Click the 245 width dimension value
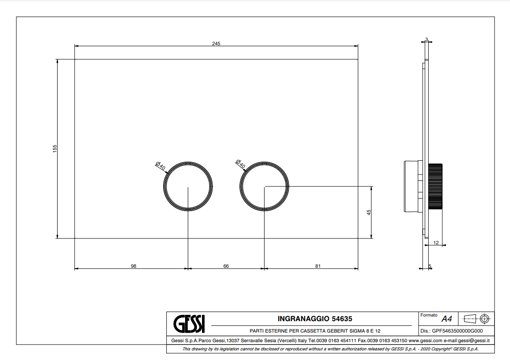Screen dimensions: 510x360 216,43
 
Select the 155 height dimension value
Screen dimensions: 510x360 55,148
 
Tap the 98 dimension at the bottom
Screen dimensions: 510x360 133,266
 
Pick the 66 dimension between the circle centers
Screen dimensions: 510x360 226,266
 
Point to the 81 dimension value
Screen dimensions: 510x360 318,266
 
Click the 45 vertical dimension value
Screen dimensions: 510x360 368,212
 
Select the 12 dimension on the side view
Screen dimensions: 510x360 436,243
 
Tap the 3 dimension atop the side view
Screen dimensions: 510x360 426,39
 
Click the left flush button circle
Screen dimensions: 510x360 188,162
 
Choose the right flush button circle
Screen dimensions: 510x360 265,162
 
